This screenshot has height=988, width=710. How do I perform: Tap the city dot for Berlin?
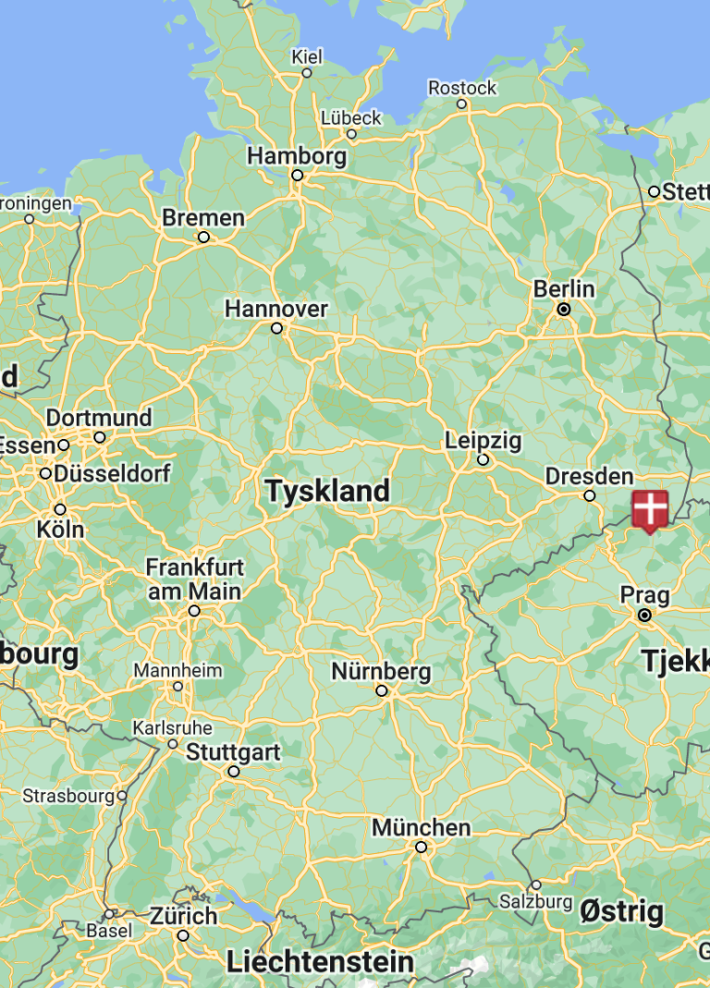coord(564,310)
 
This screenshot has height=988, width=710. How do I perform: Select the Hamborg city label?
coord(297,155)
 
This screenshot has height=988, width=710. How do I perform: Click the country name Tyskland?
coord(327,491)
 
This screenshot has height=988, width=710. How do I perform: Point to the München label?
coord(421,827)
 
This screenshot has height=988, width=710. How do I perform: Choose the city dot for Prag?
coord(644,615)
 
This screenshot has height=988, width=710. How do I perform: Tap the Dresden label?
coord(589,476)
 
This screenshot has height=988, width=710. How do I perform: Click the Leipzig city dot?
coord(483,459)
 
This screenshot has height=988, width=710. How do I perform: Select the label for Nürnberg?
coord(381,671)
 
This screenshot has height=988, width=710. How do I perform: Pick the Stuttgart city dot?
coord(234,772)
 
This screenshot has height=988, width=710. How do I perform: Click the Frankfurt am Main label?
coord(194,579)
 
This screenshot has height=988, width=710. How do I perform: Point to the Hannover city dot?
coord(276,328)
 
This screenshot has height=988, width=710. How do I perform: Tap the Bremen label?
coord(203,218)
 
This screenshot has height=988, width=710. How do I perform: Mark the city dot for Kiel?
coord(307,73)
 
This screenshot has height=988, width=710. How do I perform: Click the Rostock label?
coord(462,88)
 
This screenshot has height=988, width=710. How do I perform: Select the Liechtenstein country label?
coord(320,962)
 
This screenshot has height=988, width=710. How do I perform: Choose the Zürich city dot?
coord(183,935)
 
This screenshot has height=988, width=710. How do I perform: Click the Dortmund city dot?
coord(100,437)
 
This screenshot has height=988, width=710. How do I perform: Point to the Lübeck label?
coord(350,117)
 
